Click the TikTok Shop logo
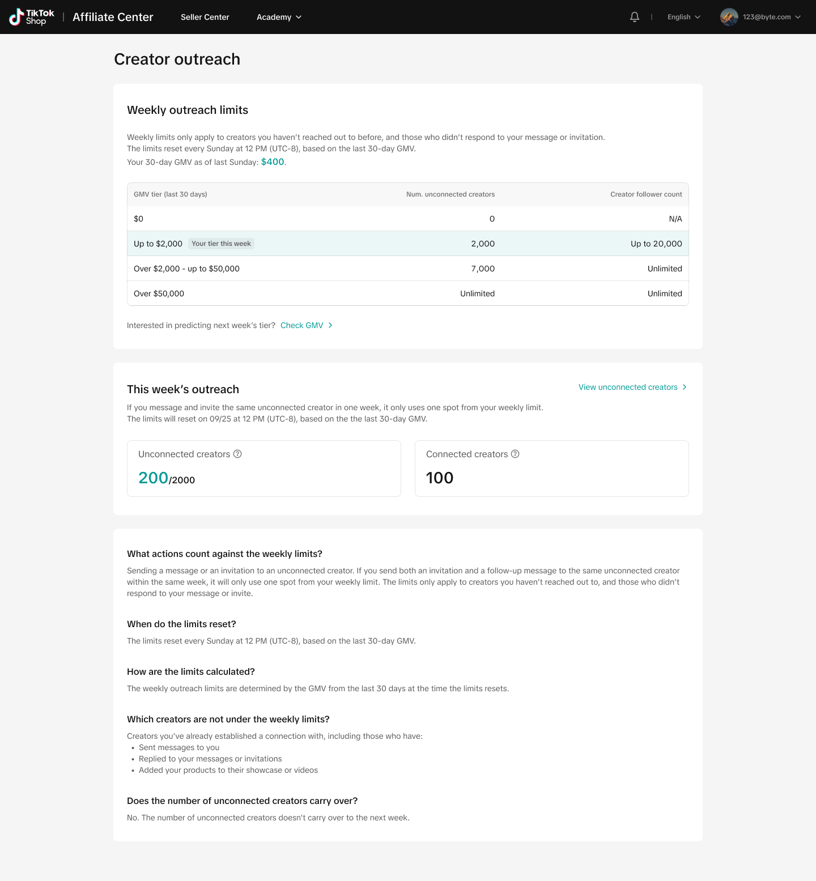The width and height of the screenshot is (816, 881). pyautogui.click(x=32, y=17)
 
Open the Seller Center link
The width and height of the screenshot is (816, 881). pyautogui.click(x=205, y=17)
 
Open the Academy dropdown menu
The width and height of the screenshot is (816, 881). pyautogui.click(x=279, y=17)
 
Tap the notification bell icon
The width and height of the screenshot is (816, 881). pyautogui.click(x=635, y=17)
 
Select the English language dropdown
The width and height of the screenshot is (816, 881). pyautogui.click(x=683, y=17)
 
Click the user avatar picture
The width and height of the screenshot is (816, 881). pyautogui.click(x=729, y=17)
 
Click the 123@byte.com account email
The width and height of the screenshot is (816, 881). pyautogui.click(x=767, y=17)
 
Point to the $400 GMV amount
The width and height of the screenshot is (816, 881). pyautogui.click(x=273, y=162)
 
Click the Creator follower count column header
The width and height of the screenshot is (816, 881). pyautogui.click(x=646, y=194)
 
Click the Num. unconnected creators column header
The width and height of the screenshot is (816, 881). pyautogui.click(x=450, y=194)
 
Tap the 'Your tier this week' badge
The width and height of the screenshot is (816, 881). pyautogui.click(x=221, y=244)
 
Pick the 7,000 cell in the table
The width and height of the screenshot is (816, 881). pyautogui.click(x=483, y=269)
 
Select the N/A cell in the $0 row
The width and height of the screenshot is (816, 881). pyautogui.click(x=675, y=219)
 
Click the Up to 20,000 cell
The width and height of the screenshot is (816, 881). pyautogui.click(x=656, y=244)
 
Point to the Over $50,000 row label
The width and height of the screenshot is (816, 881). pyautogui.click(x=159, y=293)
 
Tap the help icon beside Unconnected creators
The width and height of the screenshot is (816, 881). pyautogui.click(x=238, y=454)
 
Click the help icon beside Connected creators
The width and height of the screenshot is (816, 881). pyautogui.click(x=515, y=454)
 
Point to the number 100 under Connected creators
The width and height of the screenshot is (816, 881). pyautogui.click(x=440, y=478)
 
